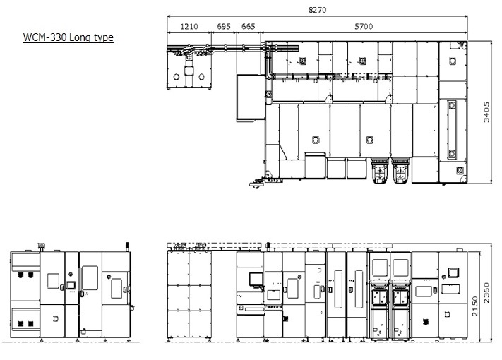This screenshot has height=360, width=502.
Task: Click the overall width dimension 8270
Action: coord(317,10)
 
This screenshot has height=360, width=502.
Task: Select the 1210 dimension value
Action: coord(189,26)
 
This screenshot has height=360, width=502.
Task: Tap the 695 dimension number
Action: coord(224,26)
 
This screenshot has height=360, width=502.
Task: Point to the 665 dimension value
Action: coord(248,26)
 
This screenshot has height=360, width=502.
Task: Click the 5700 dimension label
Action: coord(364,26)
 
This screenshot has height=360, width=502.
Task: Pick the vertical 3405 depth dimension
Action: coord(486,112)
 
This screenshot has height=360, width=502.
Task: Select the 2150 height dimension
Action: coord(474,306)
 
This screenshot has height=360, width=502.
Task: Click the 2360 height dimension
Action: coord(486,293)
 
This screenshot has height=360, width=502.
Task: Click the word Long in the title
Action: coord(80,37)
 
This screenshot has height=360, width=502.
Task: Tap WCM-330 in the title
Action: coord(44,37)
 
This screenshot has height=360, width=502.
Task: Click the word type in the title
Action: coord(103,38)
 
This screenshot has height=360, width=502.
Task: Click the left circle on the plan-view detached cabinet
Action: coord(176,77)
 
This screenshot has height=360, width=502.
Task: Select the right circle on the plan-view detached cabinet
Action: coord(201,77)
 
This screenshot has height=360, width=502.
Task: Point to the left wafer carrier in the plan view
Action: coord(380,170)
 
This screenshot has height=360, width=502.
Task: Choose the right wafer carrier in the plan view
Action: coord(400,170)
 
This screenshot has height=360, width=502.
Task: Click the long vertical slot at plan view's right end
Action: coord(452,130)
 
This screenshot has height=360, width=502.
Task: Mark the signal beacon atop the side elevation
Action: coord(41,246)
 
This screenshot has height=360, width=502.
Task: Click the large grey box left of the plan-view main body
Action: coord(251,97)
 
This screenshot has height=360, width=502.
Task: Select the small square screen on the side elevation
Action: coord(71,284)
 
